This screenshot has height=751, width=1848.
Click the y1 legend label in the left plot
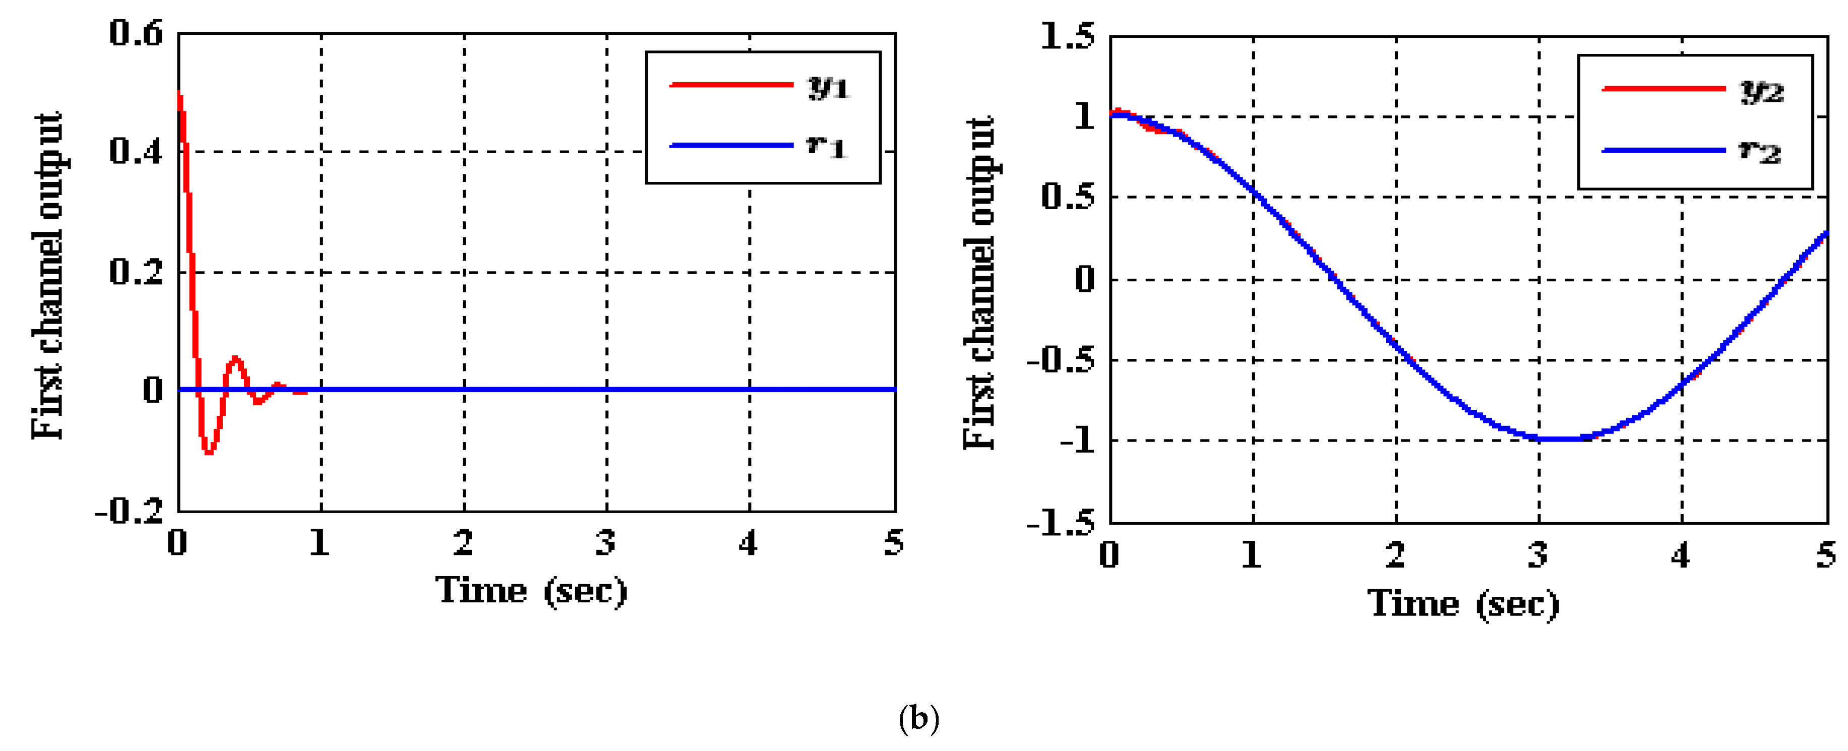829,87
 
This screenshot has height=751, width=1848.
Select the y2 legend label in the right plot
1762,91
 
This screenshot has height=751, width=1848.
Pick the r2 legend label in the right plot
1760,151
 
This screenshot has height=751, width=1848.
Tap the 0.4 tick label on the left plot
136,151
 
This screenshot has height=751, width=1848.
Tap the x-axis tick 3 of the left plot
606,543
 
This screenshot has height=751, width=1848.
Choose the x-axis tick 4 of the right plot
1681,555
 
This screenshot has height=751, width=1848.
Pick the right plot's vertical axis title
980,283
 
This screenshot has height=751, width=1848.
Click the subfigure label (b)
919,718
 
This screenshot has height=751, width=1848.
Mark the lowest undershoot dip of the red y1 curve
208,453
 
